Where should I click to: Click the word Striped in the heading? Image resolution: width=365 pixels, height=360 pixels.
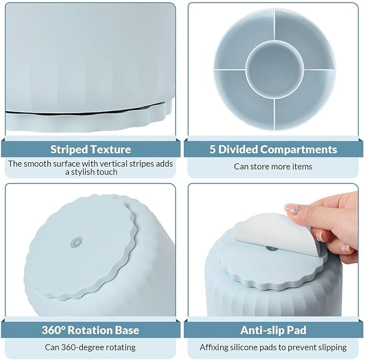click(69, 149)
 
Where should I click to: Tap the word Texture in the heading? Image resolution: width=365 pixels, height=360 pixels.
click(111, 149)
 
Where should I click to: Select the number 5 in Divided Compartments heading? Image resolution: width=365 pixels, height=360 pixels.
click(212, 149)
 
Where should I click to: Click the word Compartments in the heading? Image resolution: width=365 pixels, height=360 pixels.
click(299, 149)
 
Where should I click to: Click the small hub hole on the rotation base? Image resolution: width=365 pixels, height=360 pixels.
click(76, 242)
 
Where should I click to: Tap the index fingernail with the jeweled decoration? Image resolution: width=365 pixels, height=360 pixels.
click(292, 208)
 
